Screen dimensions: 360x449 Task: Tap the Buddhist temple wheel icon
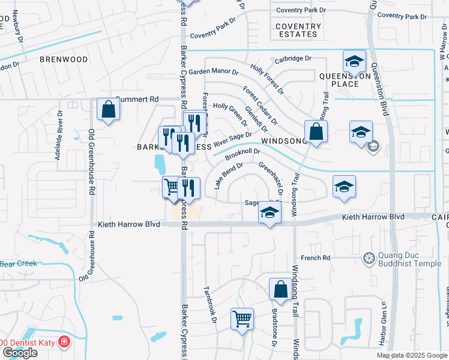pos(369,259)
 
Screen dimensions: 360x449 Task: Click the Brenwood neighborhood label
pos(64,59)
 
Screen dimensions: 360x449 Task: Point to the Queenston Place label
pos(339,80)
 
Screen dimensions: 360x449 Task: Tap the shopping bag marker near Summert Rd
pos(108,110)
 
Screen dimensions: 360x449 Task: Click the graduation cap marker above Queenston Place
pos(354,61)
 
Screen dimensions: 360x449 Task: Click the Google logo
pos(19,353)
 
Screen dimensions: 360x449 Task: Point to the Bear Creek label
pos(19,263)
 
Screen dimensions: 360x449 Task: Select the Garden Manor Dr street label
pos(214,71)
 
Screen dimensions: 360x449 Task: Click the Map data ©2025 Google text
pos(412,355)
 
